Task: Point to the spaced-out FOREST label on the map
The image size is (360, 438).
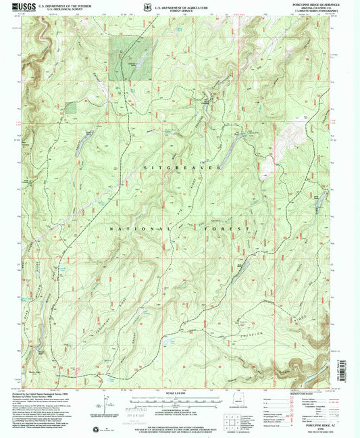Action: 227,229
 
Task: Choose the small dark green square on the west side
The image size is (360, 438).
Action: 71,107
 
